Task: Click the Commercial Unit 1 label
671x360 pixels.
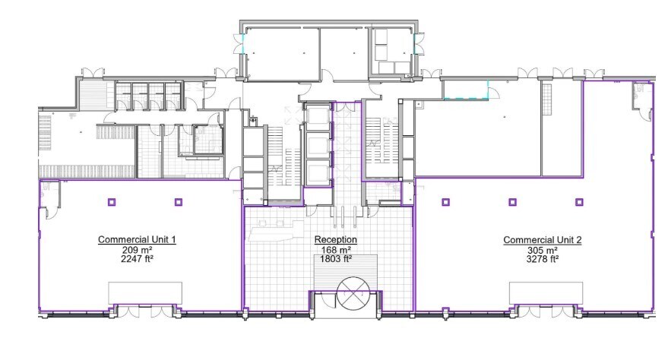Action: point(138,240)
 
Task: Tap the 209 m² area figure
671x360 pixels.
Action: point(138,249)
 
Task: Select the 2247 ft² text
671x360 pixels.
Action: point(138,258)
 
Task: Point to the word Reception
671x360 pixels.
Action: point(336,240)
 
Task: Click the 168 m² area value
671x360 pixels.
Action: point(336,249)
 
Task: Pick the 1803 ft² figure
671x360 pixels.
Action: point(336,258)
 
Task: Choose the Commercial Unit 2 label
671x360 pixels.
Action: point(543,240)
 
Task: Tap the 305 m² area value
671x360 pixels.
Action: point(543,249)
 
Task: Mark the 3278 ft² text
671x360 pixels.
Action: point(543,258)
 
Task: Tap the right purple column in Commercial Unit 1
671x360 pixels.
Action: point(179,202)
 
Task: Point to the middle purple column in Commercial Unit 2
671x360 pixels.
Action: point(512,202)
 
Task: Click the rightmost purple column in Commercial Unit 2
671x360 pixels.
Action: point(579,202)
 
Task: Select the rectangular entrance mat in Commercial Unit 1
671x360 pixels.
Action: point(145,292)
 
